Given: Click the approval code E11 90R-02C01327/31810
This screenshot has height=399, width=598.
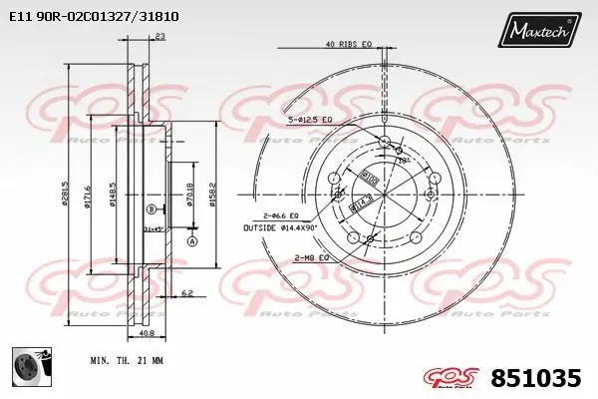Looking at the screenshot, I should (x=94, y=17).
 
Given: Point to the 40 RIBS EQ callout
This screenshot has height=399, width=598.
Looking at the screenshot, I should (x=349, y=44).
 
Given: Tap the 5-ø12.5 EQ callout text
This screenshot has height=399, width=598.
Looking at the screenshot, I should (x=309, y=121).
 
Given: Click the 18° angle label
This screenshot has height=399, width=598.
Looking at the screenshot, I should (x=403, y=159).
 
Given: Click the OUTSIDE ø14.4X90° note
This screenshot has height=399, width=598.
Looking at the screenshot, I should (x=282, y=228).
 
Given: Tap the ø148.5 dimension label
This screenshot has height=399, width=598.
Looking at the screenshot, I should (x=116, y=186).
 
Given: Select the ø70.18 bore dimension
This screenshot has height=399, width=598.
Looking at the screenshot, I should (x=189, y=187).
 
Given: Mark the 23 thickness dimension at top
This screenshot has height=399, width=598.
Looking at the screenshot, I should (x=160, y=37).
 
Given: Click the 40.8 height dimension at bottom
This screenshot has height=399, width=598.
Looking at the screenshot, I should (x=148, y=333).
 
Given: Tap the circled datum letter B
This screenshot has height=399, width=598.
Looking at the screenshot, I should (x=150, y=208).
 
